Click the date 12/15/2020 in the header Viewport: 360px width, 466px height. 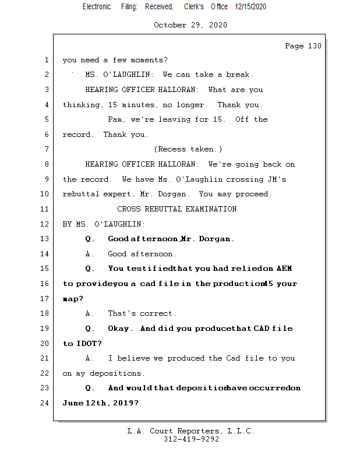click(x=250, y=6)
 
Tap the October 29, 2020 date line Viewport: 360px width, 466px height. click(x=190, y=25)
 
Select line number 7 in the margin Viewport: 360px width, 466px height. click(x=47, y=149)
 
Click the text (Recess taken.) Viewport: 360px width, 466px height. click(x=188, y=149)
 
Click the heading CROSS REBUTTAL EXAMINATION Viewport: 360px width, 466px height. click(x=177, y=209)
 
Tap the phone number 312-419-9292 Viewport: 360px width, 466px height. click(x=191, y=439)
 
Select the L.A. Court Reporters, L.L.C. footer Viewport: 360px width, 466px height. click(x=190, y=431)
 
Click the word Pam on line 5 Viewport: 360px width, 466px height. click(x=115, y=119)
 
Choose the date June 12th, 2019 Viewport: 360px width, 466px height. click(x=100, y=403)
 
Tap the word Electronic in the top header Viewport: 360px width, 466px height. click(x=97, y=6)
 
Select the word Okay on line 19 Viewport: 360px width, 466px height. click(x=119, y=329)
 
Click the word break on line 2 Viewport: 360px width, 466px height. click(x=239, y=75)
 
